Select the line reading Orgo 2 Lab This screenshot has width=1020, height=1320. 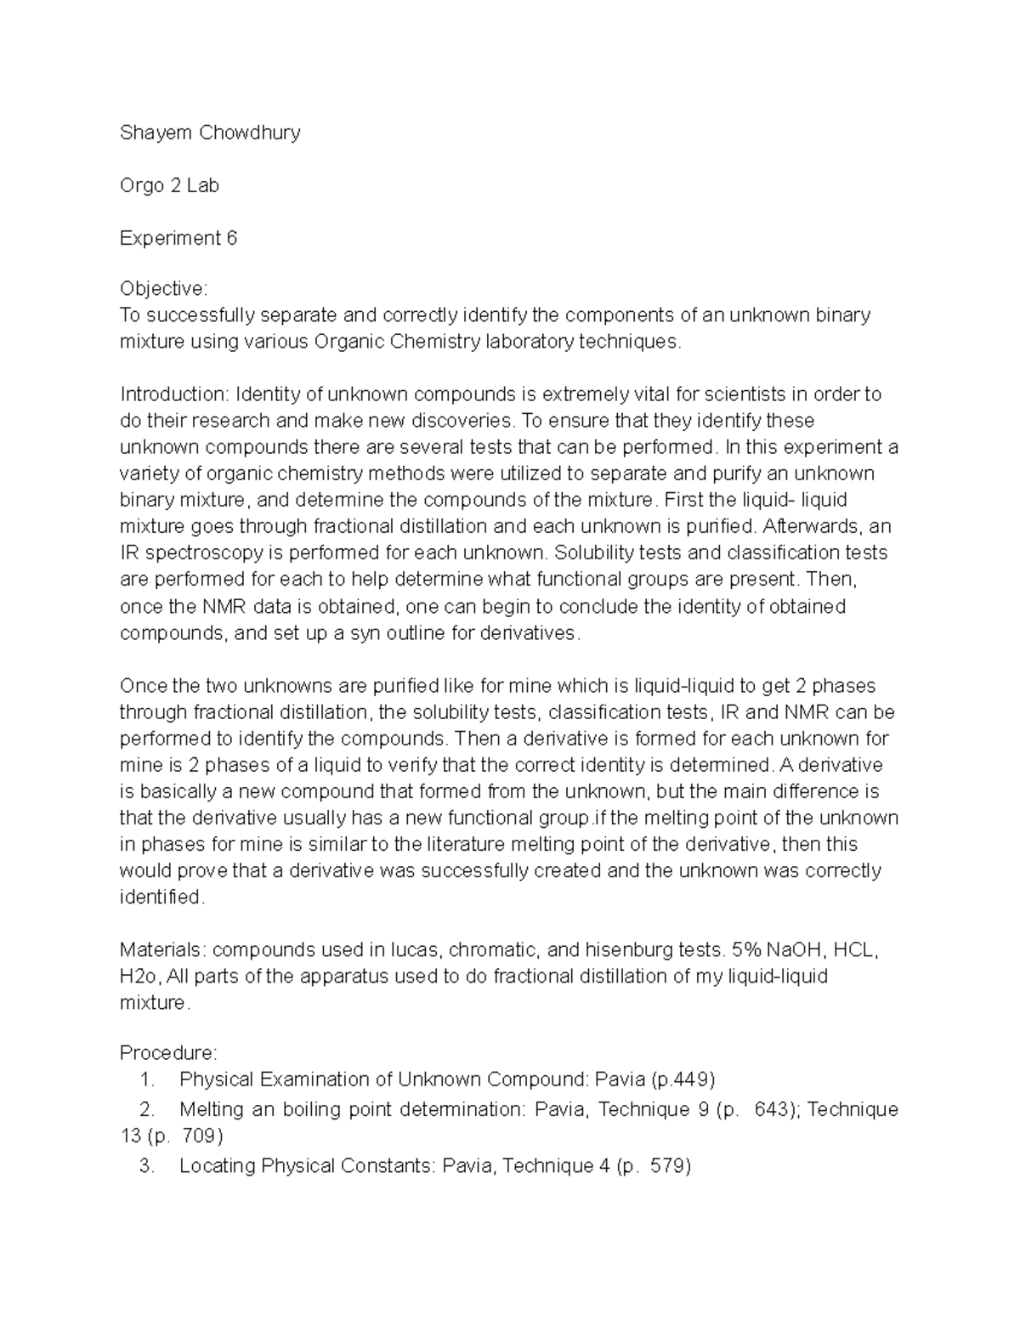[169, 185]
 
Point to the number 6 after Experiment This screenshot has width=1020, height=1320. [231, 238]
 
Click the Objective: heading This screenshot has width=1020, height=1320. [163, 289]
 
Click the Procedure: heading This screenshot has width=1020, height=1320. [168, 1053]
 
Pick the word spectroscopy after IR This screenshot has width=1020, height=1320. [205, 552]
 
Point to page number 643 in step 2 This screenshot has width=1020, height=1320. [773, 1109]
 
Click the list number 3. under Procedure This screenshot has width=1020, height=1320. [146, 1165]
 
